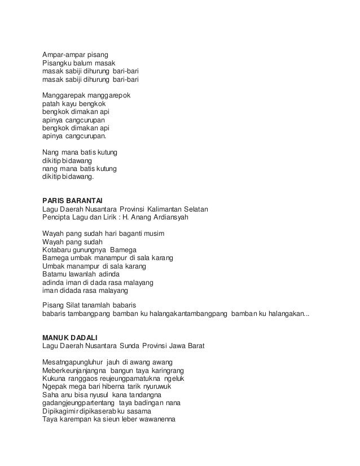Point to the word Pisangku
click(x=58, y=64)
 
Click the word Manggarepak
click(x=63, y=96)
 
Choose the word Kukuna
click(x=55, y=378)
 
